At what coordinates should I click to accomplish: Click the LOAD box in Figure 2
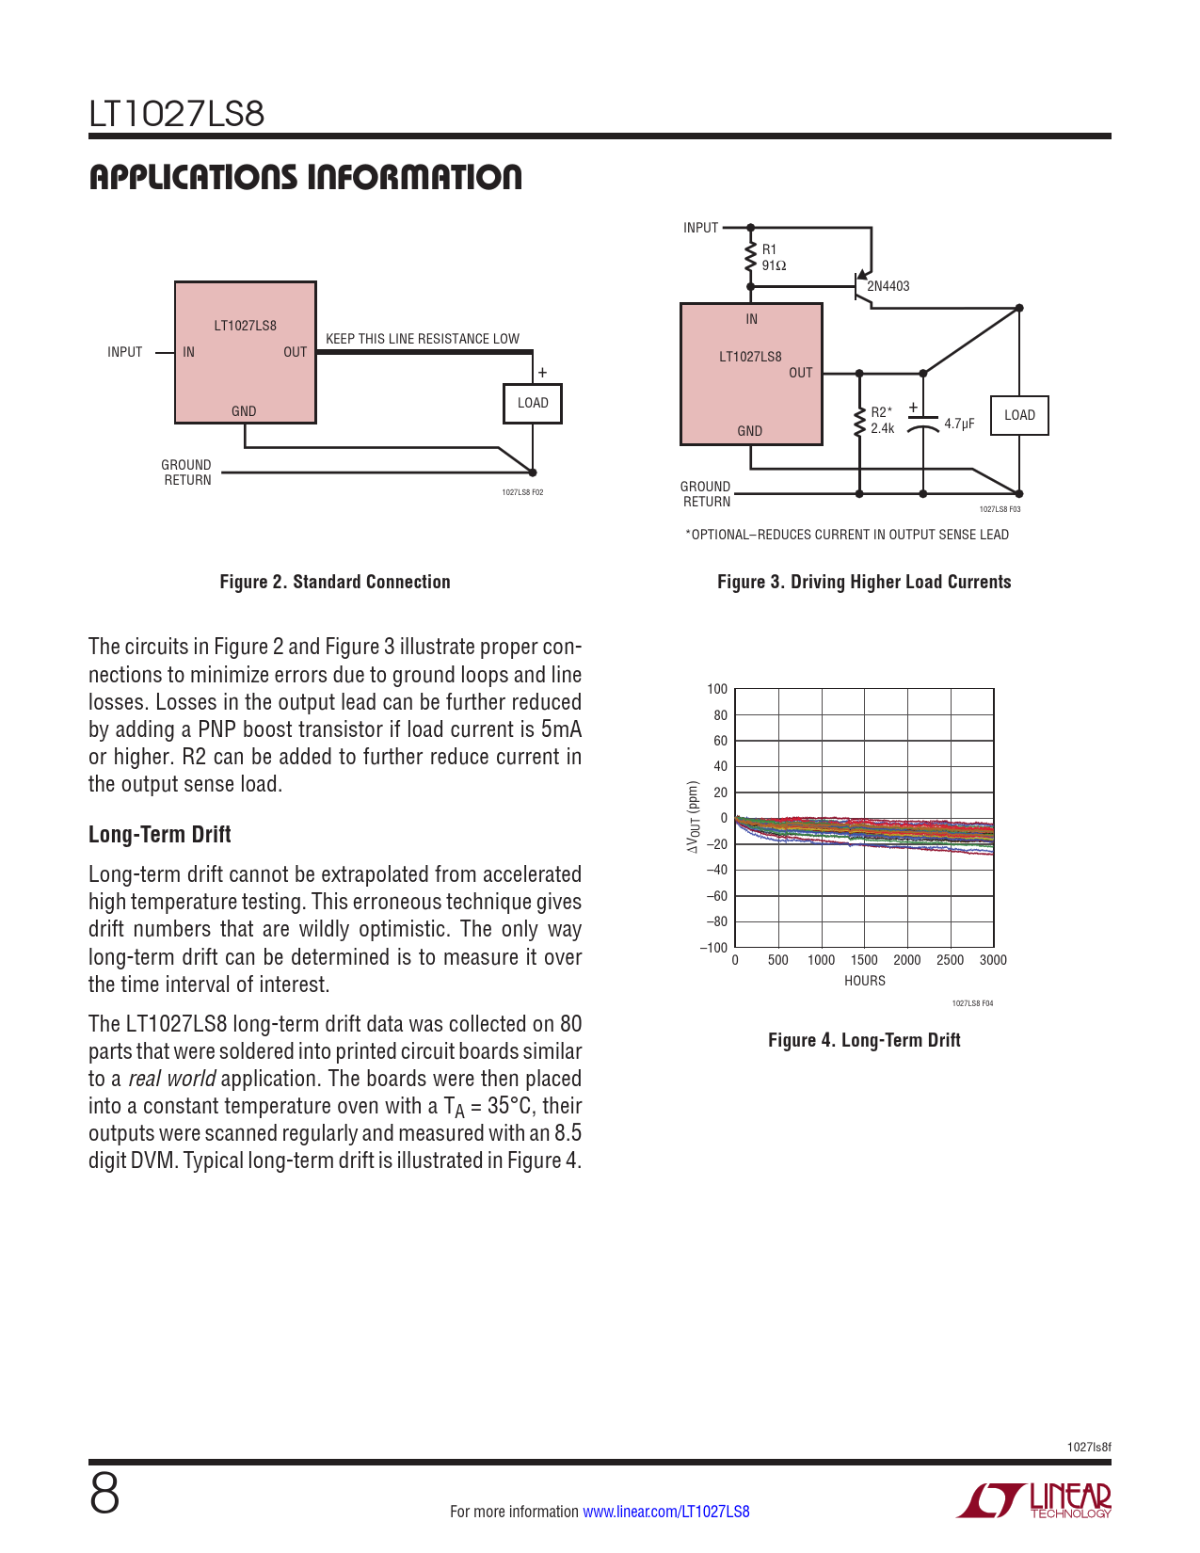pyautogui.click(x=533, y=404)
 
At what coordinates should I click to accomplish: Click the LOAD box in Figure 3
pyautogui.click(x=1019, y=416)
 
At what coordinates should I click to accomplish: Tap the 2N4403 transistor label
pyautogui.click(x=888, y=286)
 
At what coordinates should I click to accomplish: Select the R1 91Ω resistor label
pyautogui.click(x=774, y=258)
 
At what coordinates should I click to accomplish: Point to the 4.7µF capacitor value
pyautogui.click(x=959, y=424)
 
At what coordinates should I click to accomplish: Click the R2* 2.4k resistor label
pyautogui.click(x=882, y=421)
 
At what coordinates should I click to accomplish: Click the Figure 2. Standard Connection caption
pyautogui.click(x=335, y=582)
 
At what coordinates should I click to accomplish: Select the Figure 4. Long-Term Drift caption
pyautogui.click(x=864, y=1040)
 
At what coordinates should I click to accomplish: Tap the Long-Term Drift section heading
pyautogui.click(x=160, y=835)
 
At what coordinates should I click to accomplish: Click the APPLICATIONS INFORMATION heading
pyautogui.click(x=306, y=178)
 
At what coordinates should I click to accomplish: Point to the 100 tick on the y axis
pyautogui.click(x=717, y=689)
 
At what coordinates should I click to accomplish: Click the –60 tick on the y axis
pyautogui.click(x=716, y=896)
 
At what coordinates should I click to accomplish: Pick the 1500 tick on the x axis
pyautogui.click(x=864, y=960)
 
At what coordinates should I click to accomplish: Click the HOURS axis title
pyautogui.click(x=865, y=981)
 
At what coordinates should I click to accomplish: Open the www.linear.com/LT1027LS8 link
pyautogui.click(x=666, y=1512)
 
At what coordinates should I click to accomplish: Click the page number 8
pyautogui.click(x=104, y=1494)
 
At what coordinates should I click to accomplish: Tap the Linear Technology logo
pyautogui.click(x=1034, y=1500)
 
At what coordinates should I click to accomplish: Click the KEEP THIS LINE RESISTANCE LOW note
pyautogui.click(x=423, y=339)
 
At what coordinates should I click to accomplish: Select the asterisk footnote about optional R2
pyautogui.click(x=847, y=535)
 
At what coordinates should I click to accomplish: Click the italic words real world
pyautogui.click(x=172, y=1079)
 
